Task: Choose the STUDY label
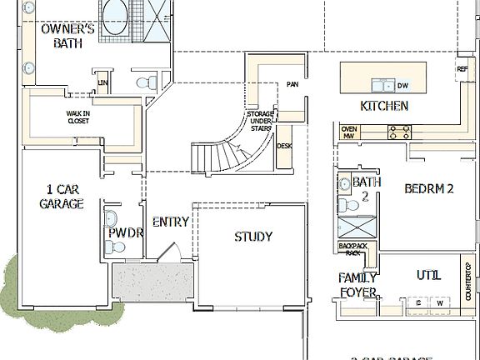(252, 237)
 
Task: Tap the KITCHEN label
(383, 106)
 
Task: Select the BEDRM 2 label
(428, 188)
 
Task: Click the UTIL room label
(428, 276)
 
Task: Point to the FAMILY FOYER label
(357, 284)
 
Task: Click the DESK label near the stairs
(284, 146)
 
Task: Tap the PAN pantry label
(292, 84)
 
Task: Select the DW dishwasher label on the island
(402, 85)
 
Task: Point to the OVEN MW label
(350, 132)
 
